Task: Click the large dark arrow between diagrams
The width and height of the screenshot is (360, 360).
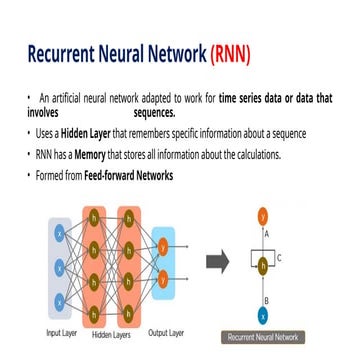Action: [x=217, y=264]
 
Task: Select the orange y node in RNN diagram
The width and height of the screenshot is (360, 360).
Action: [x=263, y=214]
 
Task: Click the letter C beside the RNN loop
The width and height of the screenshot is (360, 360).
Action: [x=279, y=258]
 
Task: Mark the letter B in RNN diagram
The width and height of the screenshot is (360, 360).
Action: [x=267, y=298]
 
